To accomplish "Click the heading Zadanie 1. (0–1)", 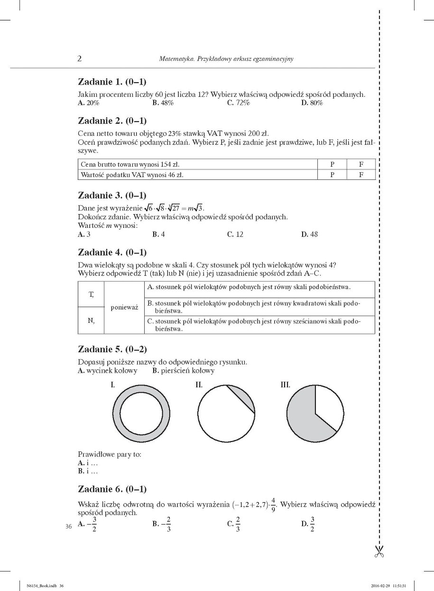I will tap(112, 81).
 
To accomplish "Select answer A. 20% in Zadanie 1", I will tap(89, 103).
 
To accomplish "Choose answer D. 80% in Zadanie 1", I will tap(312, 103).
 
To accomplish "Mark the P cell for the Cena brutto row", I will tap(332, 164).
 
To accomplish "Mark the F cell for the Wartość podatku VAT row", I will tap(361, 175).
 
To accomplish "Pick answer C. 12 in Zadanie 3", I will tap(235, 234).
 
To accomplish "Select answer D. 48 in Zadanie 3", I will tap(310, 234).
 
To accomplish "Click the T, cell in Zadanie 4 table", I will tap(91, 294).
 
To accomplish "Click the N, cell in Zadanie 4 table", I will tap(91, 320).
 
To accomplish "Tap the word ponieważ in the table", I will tap(124, 307).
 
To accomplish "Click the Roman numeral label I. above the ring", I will tap(113, 385).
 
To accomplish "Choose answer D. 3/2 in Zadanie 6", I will tap(309, 524).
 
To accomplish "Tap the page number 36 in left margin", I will tap(68, 526).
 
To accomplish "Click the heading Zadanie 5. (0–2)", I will tap(112, 349).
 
